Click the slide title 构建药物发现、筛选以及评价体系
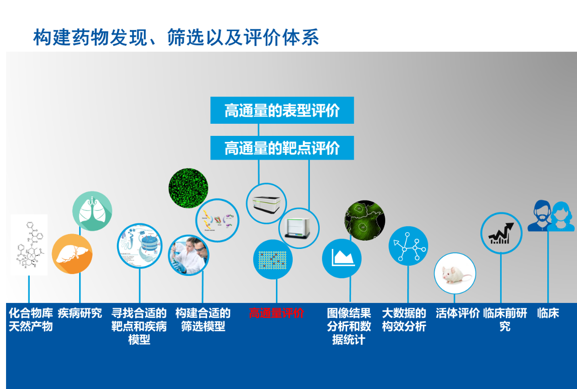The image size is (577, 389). click(x=176, y=38)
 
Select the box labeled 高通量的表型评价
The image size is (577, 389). click(x=282, y=111)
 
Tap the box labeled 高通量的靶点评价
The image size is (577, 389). click(x=282, y=148)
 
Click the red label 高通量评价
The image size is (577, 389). click(x=276, y=313)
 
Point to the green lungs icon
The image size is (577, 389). click(x=92, y=211)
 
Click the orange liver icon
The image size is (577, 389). click(x=72, y=254)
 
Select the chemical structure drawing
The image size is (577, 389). click(x=29, y=245)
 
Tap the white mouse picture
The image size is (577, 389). click(x=455, y=274)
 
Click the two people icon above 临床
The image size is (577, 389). click(x=550, y=216)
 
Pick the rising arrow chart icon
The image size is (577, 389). click(x=501, y=233)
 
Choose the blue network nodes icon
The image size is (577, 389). click(x=408, y=246)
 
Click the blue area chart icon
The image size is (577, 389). click(x=342, y=258)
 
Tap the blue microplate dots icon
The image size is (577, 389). click(x=273, y=259)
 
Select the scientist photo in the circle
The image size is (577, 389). click(x=188, y=255)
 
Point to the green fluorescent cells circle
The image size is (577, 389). click(x=188, y=188)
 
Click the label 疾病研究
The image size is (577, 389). click(x=80, y=313)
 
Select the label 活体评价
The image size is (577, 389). click(x=457, y=313)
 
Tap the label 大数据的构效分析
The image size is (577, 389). click(x=404, y=320)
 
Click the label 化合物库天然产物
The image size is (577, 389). click(x=31, y=320)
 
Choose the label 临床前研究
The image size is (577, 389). click(x=505, y=320)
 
